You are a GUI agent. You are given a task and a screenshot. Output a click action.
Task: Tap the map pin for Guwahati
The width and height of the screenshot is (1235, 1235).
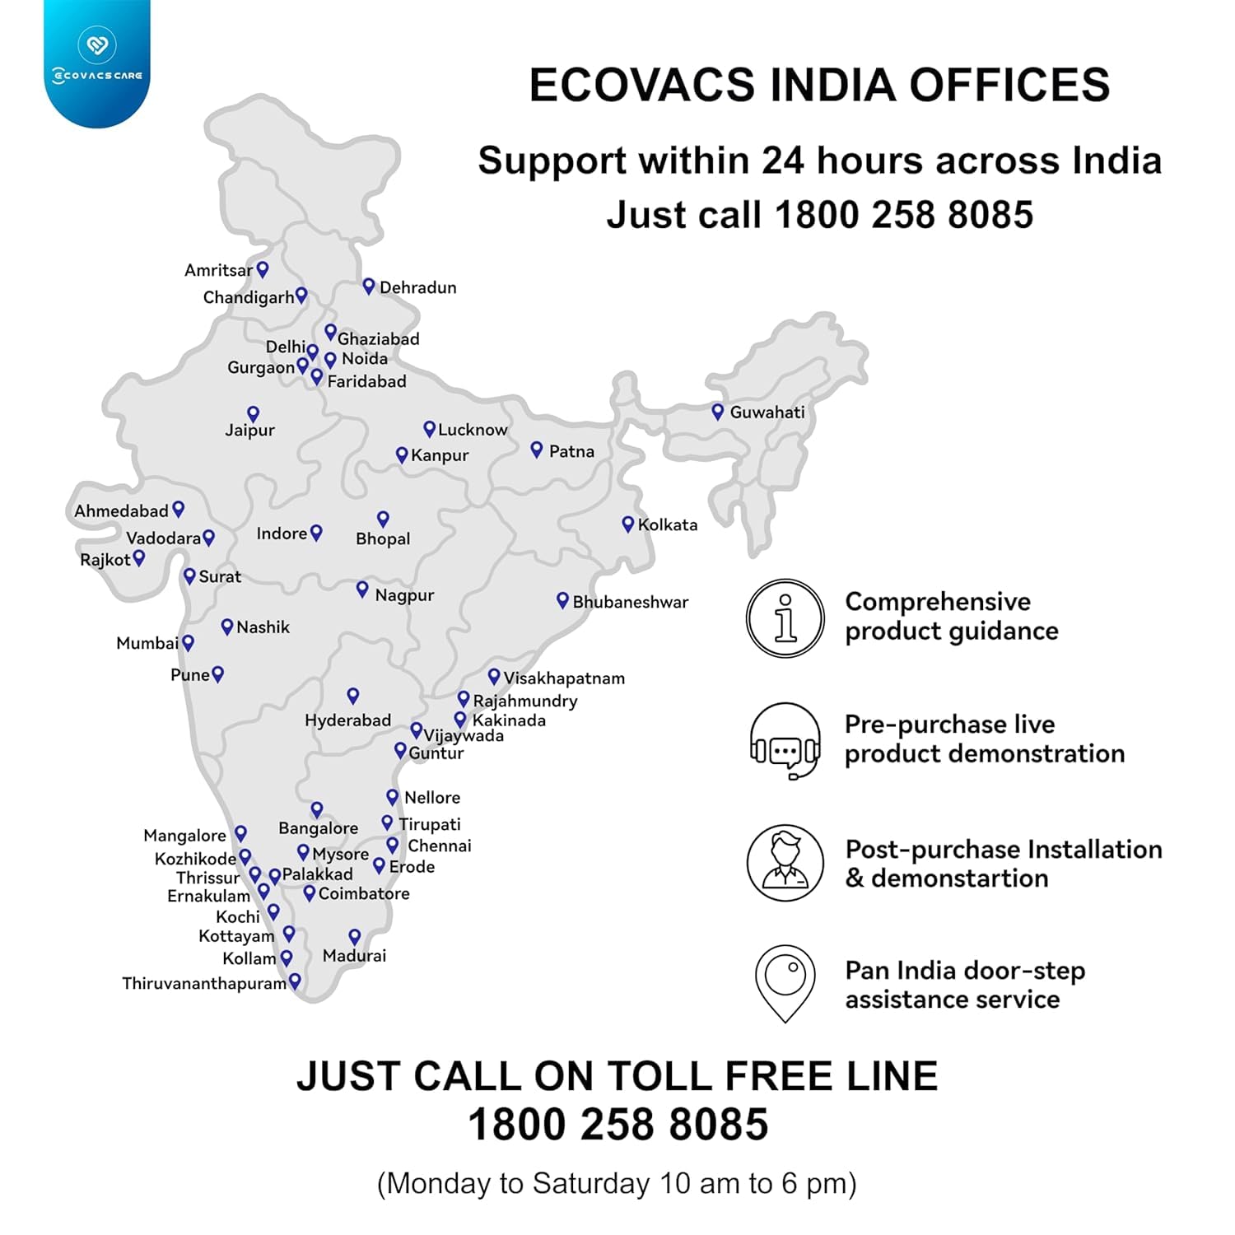(x=718, y=411)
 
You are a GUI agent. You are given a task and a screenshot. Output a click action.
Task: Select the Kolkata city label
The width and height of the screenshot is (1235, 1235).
(x=667, y=524)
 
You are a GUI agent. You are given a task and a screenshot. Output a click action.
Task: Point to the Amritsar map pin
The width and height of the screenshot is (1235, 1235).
(x=263, y=268)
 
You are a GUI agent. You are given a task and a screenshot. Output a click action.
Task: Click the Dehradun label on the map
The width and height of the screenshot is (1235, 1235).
(x=417, y=287)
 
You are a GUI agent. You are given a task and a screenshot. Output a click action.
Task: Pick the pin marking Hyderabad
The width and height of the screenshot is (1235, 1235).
(x=353, y=696)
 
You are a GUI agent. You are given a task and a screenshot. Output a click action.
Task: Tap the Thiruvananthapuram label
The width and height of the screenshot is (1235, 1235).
(x=203, y=983)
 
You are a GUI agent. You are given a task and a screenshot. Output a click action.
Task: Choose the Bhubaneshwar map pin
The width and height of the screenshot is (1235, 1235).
(x=562, y=600)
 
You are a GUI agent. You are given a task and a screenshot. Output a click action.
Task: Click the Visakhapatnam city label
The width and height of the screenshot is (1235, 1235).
(x=564, y=678)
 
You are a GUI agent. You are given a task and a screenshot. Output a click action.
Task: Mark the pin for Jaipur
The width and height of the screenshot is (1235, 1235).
(x=254, y=413)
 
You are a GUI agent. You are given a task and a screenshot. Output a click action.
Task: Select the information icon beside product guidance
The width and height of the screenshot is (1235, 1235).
(x=785, y=617)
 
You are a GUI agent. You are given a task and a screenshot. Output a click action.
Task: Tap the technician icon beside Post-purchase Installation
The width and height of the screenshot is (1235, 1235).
(x=785, y=863)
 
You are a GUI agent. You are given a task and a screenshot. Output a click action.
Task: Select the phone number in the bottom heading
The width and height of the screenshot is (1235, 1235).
(x=617, y=1125)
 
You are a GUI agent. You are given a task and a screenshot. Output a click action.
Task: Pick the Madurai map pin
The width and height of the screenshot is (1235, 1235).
(x=355, y=937)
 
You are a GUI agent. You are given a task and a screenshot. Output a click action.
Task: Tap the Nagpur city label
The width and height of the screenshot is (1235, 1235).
(x=404, y=595)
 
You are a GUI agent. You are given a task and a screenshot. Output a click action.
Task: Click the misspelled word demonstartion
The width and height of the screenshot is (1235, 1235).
(x=959, y=878)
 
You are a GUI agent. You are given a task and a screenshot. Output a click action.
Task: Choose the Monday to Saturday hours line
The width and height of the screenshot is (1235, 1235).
(x=617, y=1183)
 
